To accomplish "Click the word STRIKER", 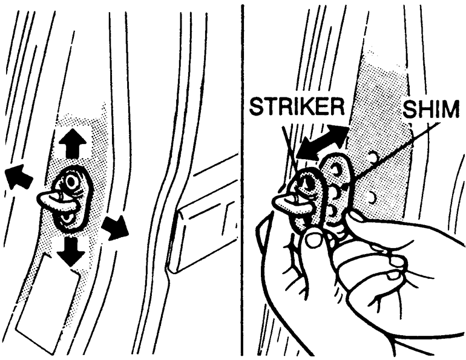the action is pyautogui.click(x=297, y=107).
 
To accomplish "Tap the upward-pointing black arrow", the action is pyautogui.click(x=72, y=143).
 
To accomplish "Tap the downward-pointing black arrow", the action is pyautogui.click(x=71, y=251).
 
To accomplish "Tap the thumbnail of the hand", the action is pyautogui.click(x=312, y=238).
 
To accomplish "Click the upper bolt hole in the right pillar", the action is pyautogui.click(x=373, y=155).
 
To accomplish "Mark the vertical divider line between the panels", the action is pyautogui.click(x=242, y=180).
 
